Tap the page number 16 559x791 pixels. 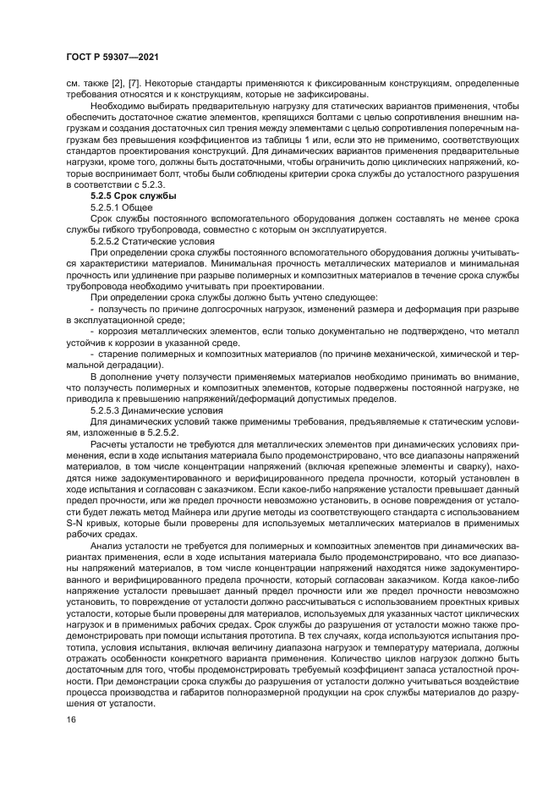[x=71, y=720]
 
